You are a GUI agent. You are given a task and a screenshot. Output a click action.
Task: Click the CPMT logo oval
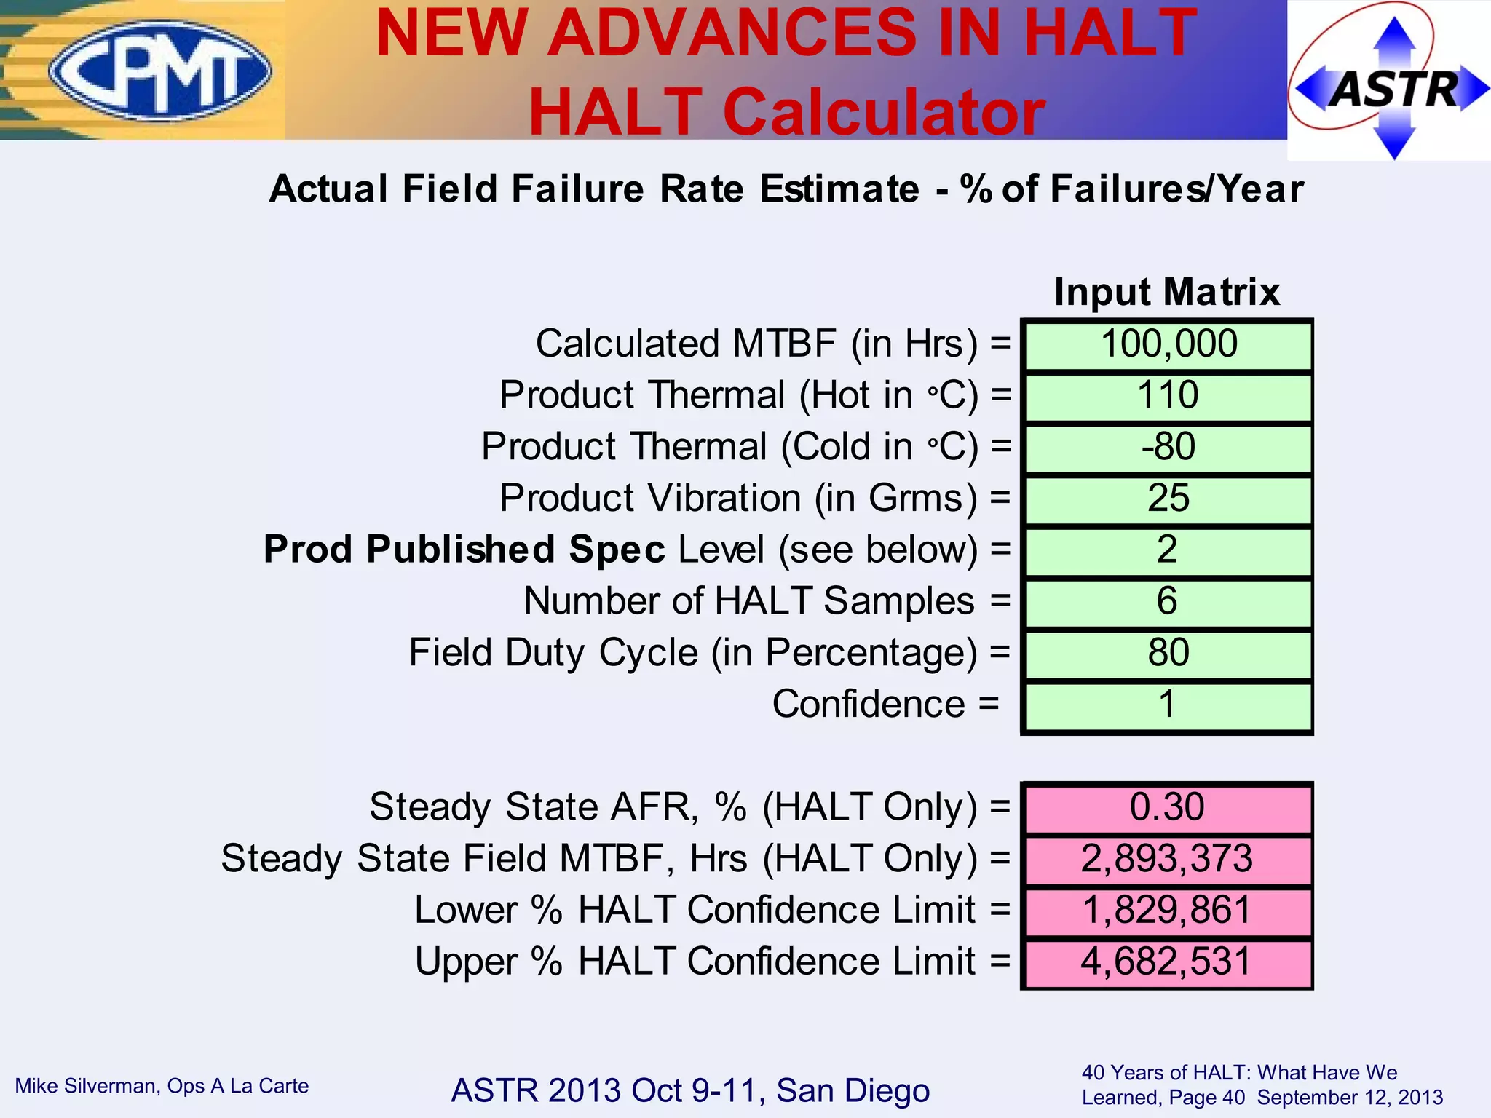(160, 70)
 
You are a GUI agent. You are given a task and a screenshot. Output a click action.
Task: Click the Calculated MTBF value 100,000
(1168, 344)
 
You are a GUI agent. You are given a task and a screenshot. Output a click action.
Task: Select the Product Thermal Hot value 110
(1168, 396)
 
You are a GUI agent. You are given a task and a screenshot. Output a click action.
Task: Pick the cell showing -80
(1168, 447)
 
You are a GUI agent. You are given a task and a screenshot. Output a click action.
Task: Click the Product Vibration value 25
(1168, 499)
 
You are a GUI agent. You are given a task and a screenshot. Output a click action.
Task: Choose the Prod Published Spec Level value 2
(1168, 550)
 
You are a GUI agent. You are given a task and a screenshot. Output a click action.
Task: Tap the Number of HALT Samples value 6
(1168, 601)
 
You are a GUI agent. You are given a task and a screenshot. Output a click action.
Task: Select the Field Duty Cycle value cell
(1168, 653)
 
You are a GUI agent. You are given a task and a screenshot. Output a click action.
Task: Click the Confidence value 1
(1168, 705)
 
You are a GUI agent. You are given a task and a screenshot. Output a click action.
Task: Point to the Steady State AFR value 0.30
(1168, 807)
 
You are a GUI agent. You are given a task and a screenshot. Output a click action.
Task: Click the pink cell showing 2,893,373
(1168, 859)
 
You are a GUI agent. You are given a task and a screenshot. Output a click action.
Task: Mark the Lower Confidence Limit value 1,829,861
(1168, 911)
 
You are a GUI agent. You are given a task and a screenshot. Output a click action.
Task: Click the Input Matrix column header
(1166, 292)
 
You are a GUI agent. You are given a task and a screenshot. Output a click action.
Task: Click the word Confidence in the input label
(869, 705)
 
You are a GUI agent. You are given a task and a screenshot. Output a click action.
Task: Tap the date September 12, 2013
(1350, 1098)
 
